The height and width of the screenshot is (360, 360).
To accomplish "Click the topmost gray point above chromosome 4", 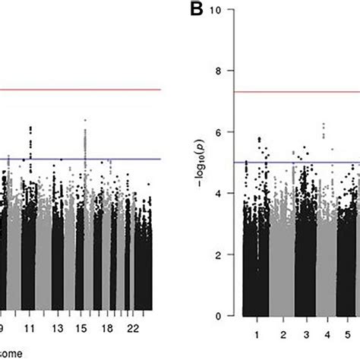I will click(324, 124).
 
